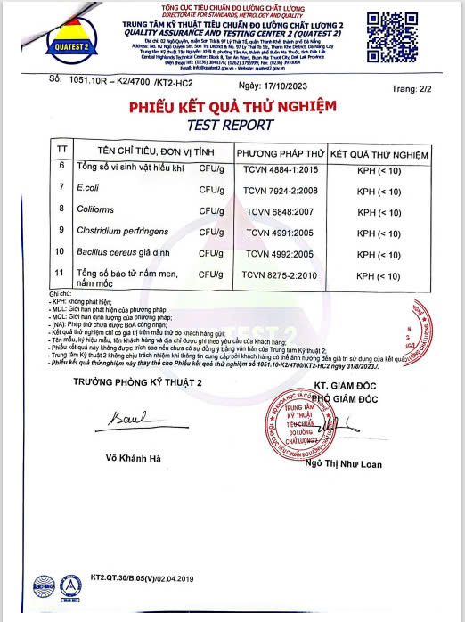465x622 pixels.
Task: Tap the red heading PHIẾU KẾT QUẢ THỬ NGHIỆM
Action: point(232,107)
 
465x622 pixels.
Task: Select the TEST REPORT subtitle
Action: point(234,125)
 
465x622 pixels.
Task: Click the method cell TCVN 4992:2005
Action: point(277,254)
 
